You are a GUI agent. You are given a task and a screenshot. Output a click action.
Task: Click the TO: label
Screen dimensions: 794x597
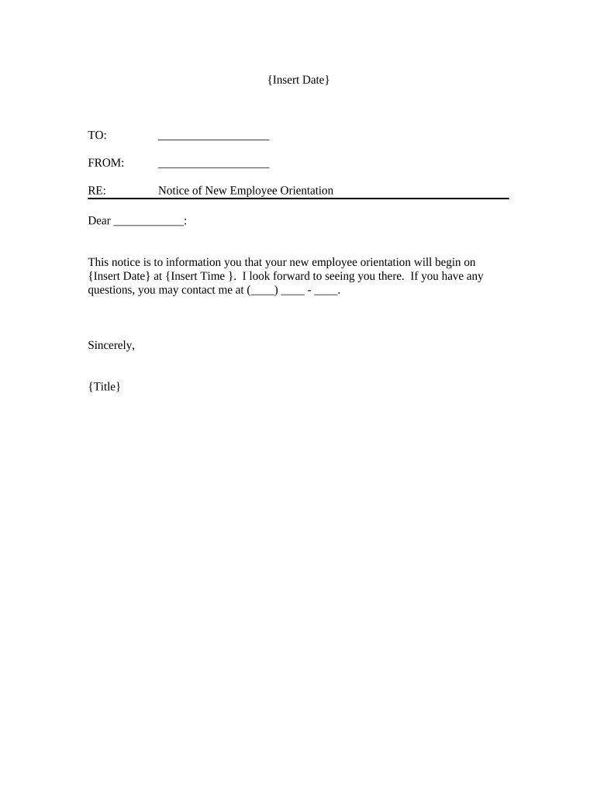(x=97, y=136)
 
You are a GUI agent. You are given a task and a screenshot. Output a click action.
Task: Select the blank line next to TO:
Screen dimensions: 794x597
(x=213, y=137)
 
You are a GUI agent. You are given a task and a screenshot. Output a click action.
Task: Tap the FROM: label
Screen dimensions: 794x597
(x=106, y=163)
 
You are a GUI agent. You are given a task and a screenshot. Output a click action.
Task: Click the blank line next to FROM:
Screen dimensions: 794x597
(x=213, y=164)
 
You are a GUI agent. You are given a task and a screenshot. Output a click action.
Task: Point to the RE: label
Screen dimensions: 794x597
(x=97, y=190)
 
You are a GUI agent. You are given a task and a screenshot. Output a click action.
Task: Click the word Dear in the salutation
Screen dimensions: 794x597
(x=99, y=221)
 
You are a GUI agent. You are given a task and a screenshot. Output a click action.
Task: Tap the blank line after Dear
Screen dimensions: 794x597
(x=149, y=223)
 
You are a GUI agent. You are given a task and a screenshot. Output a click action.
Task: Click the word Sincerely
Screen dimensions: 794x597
(x=112, y=346)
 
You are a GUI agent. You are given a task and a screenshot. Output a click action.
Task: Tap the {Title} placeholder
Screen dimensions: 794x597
(x=105, y=386)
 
